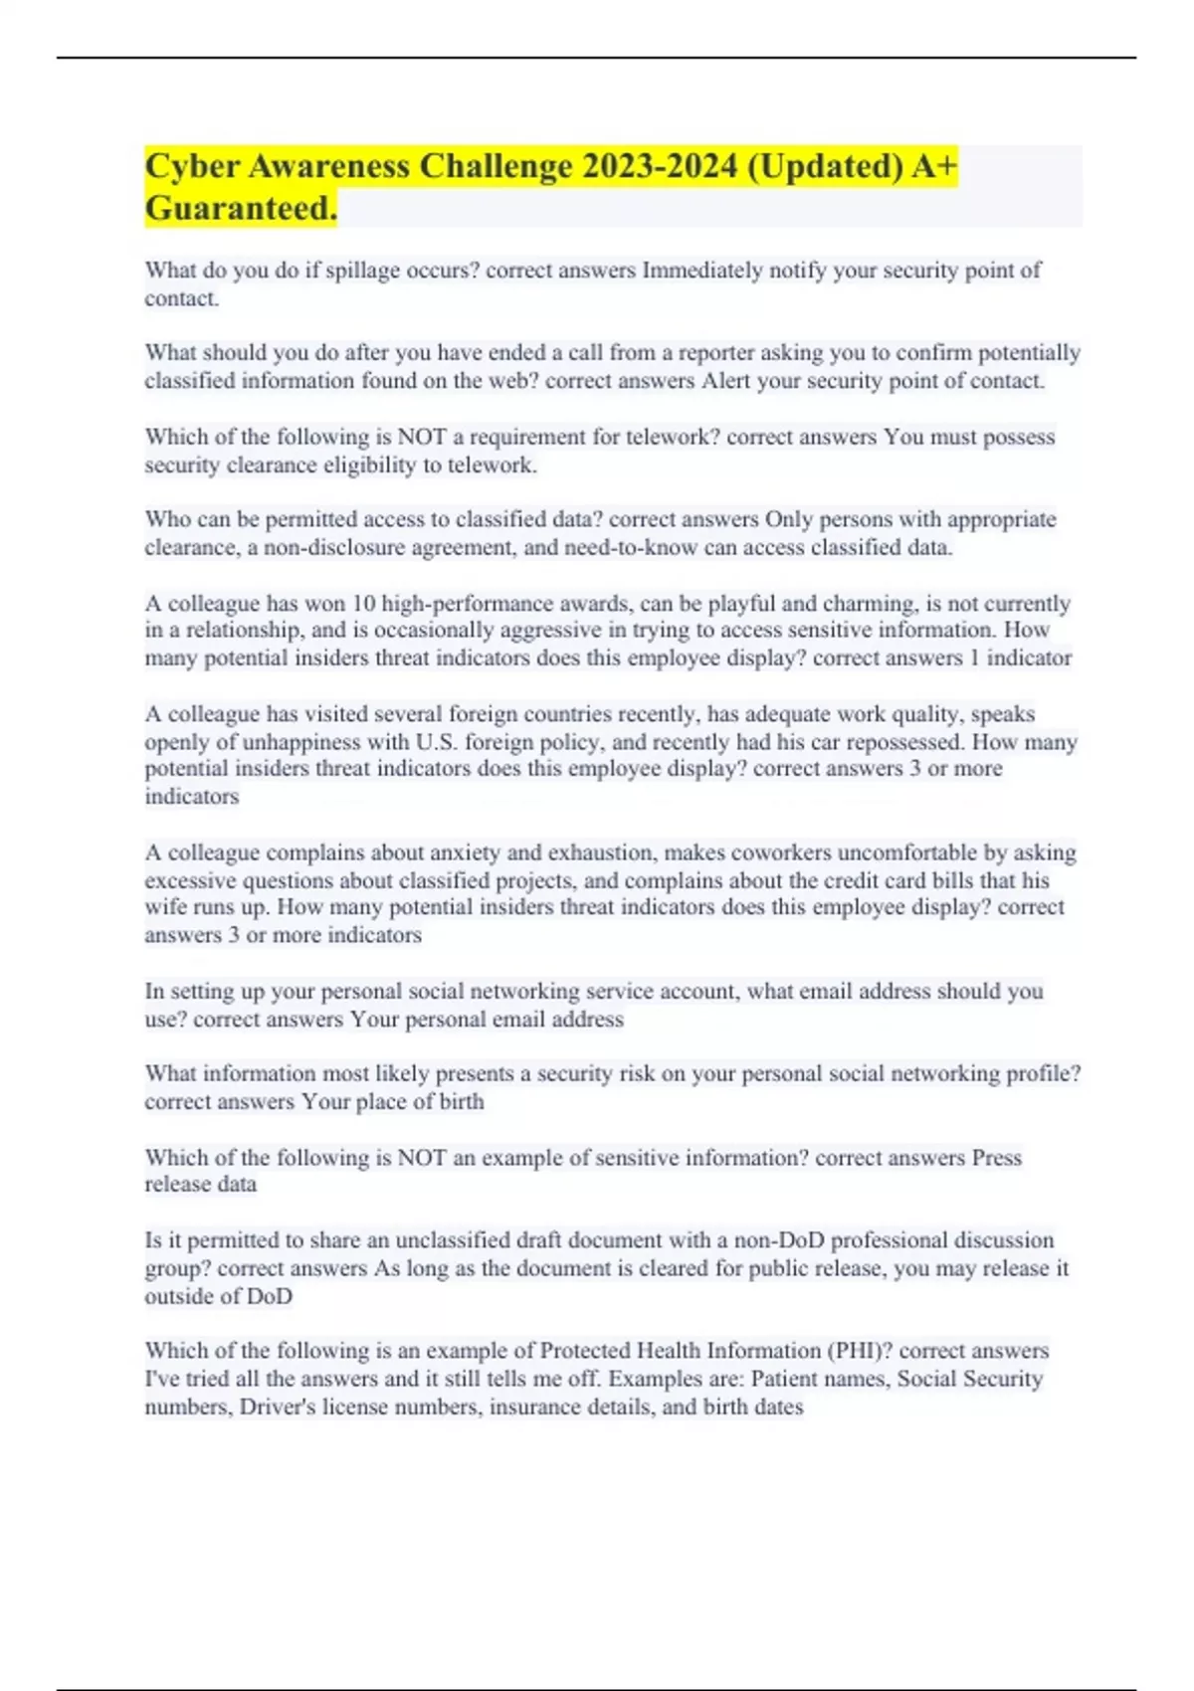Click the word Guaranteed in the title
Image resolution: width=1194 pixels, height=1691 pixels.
pos(240,208)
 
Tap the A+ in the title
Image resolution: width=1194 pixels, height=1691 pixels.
pos(934,165)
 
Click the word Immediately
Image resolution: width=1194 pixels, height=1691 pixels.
pos(701,271)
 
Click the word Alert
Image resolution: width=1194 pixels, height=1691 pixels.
pos(726,381)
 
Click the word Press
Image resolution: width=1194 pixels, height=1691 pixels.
pos(996,1158)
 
